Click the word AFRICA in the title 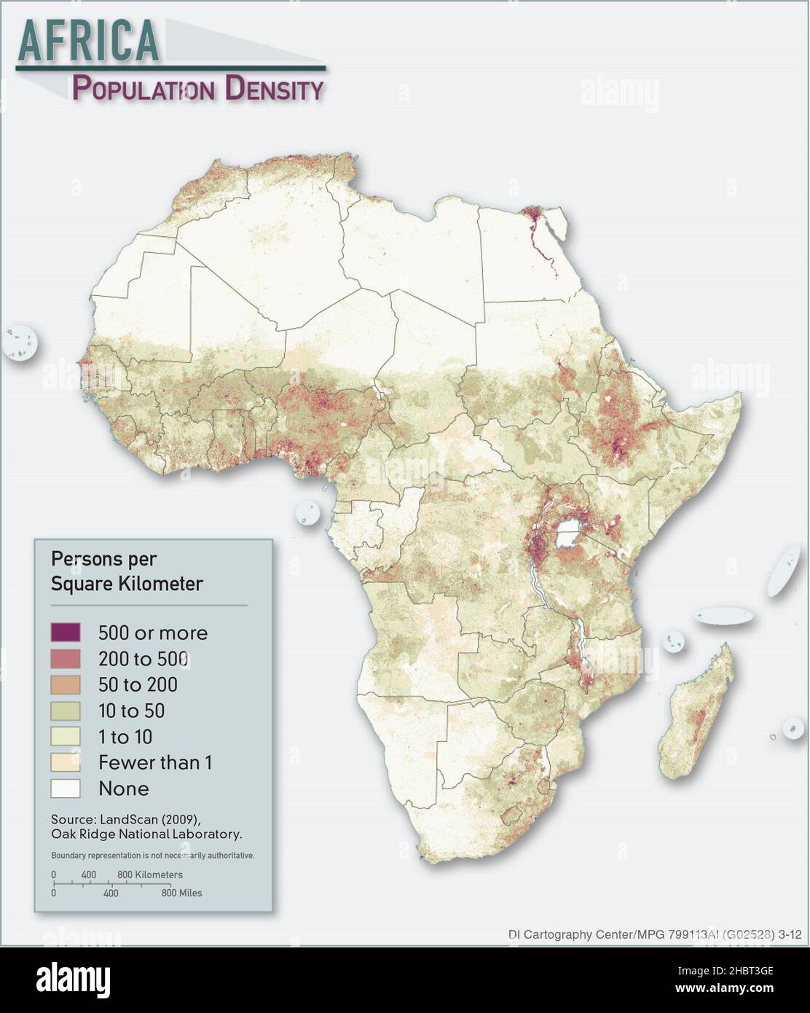[89, 40]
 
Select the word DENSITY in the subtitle [274, 89]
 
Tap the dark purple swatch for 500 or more [65, 632]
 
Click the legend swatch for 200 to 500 [65, 658]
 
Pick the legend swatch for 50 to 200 [65, 684]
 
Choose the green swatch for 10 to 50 [65, 711]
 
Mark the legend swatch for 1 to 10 [65, 736]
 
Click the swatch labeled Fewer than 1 [65, 762]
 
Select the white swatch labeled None [65, 789]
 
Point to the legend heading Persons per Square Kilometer [126, 571]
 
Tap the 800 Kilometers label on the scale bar [150, 875]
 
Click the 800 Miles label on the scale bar [181, 893]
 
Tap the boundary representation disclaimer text [152, 855]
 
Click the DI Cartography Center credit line [654, 934]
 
